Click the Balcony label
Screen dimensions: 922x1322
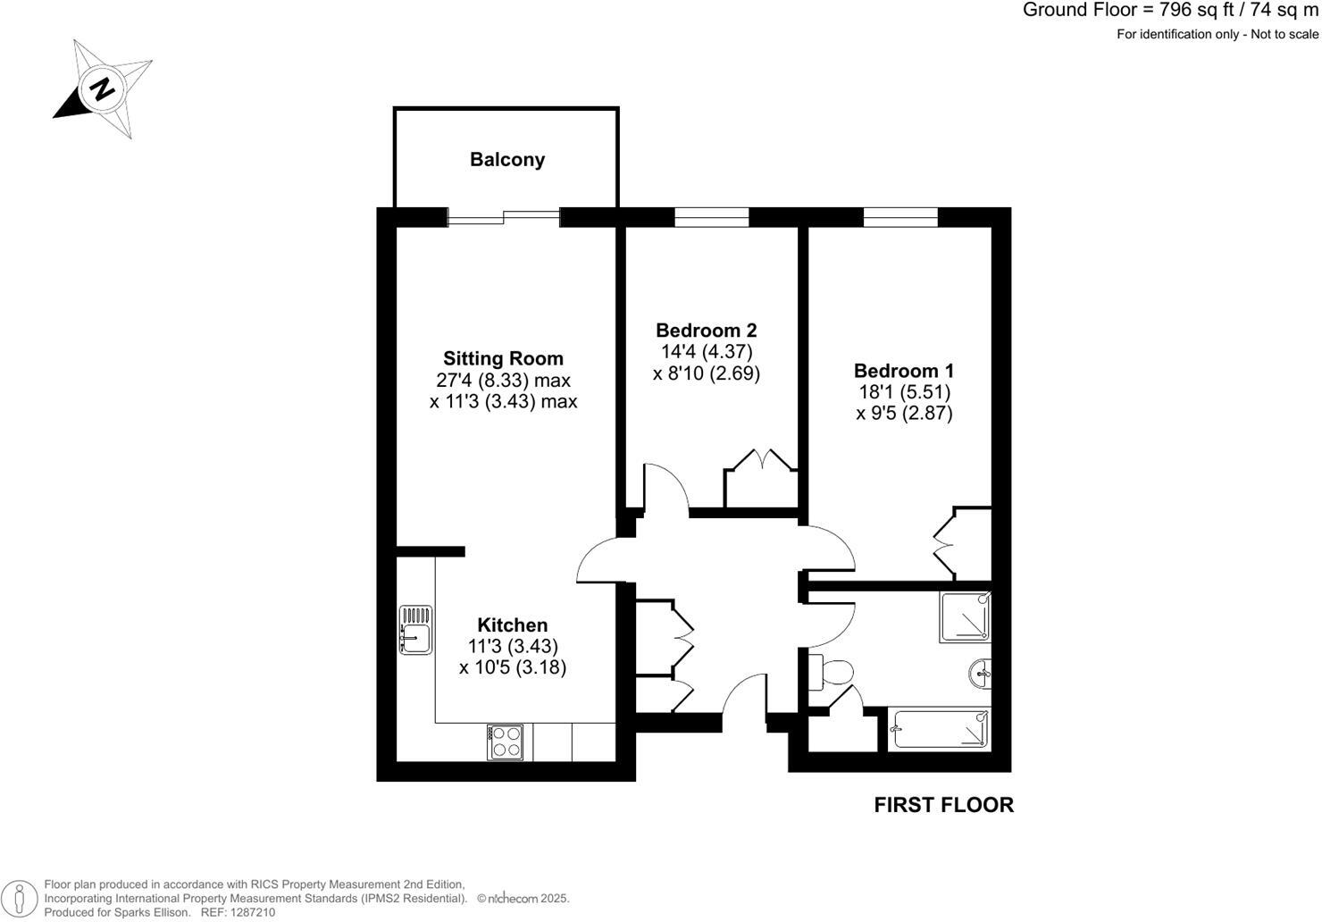(x=507, y=160)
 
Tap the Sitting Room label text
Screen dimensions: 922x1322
(x=504, y=358)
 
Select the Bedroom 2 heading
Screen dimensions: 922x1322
(x=706, y=331)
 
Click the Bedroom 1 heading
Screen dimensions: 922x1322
(x=904, y=371)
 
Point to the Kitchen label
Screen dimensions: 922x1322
(x=512, y=625)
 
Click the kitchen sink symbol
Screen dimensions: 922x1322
(x=415, y=629)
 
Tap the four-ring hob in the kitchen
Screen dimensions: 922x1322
(x=506, y=742)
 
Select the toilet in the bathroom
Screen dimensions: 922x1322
(x=830, y=673)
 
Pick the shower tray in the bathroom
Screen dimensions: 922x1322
(x=965, y=617)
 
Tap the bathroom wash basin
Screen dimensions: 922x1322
(x=982, y=674)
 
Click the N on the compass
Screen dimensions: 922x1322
(x=103, y=89)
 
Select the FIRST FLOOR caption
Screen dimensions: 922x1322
(x=943, y=805)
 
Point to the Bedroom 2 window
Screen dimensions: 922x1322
(x=711, y=217)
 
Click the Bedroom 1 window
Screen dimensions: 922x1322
(x=900, y=217)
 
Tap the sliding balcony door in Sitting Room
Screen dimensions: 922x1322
(x=504, y=217)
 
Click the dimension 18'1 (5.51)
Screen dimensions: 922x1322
(x=904, y=392)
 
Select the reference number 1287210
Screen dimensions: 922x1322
(x=253, y=913)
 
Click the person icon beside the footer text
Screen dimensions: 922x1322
(x=20, y=898)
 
